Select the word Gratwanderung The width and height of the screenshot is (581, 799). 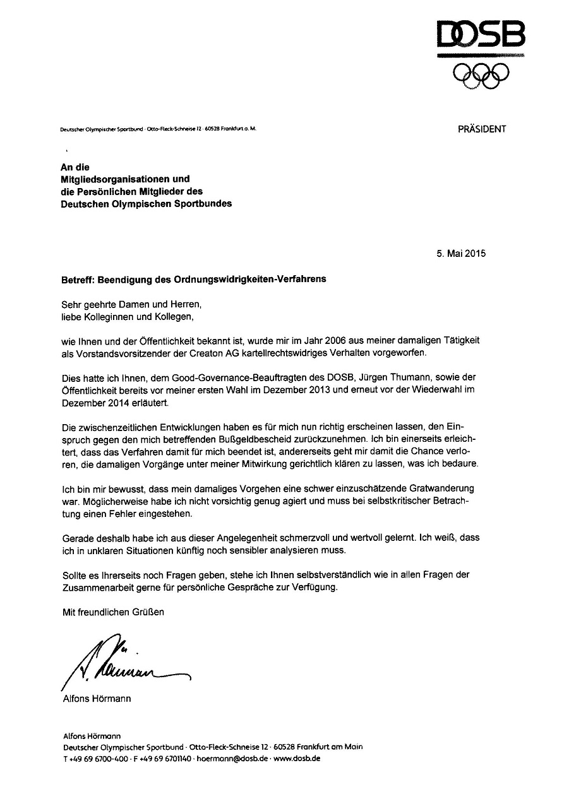(441, 489)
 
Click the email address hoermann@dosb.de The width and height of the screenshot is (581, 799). (234, 759)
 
